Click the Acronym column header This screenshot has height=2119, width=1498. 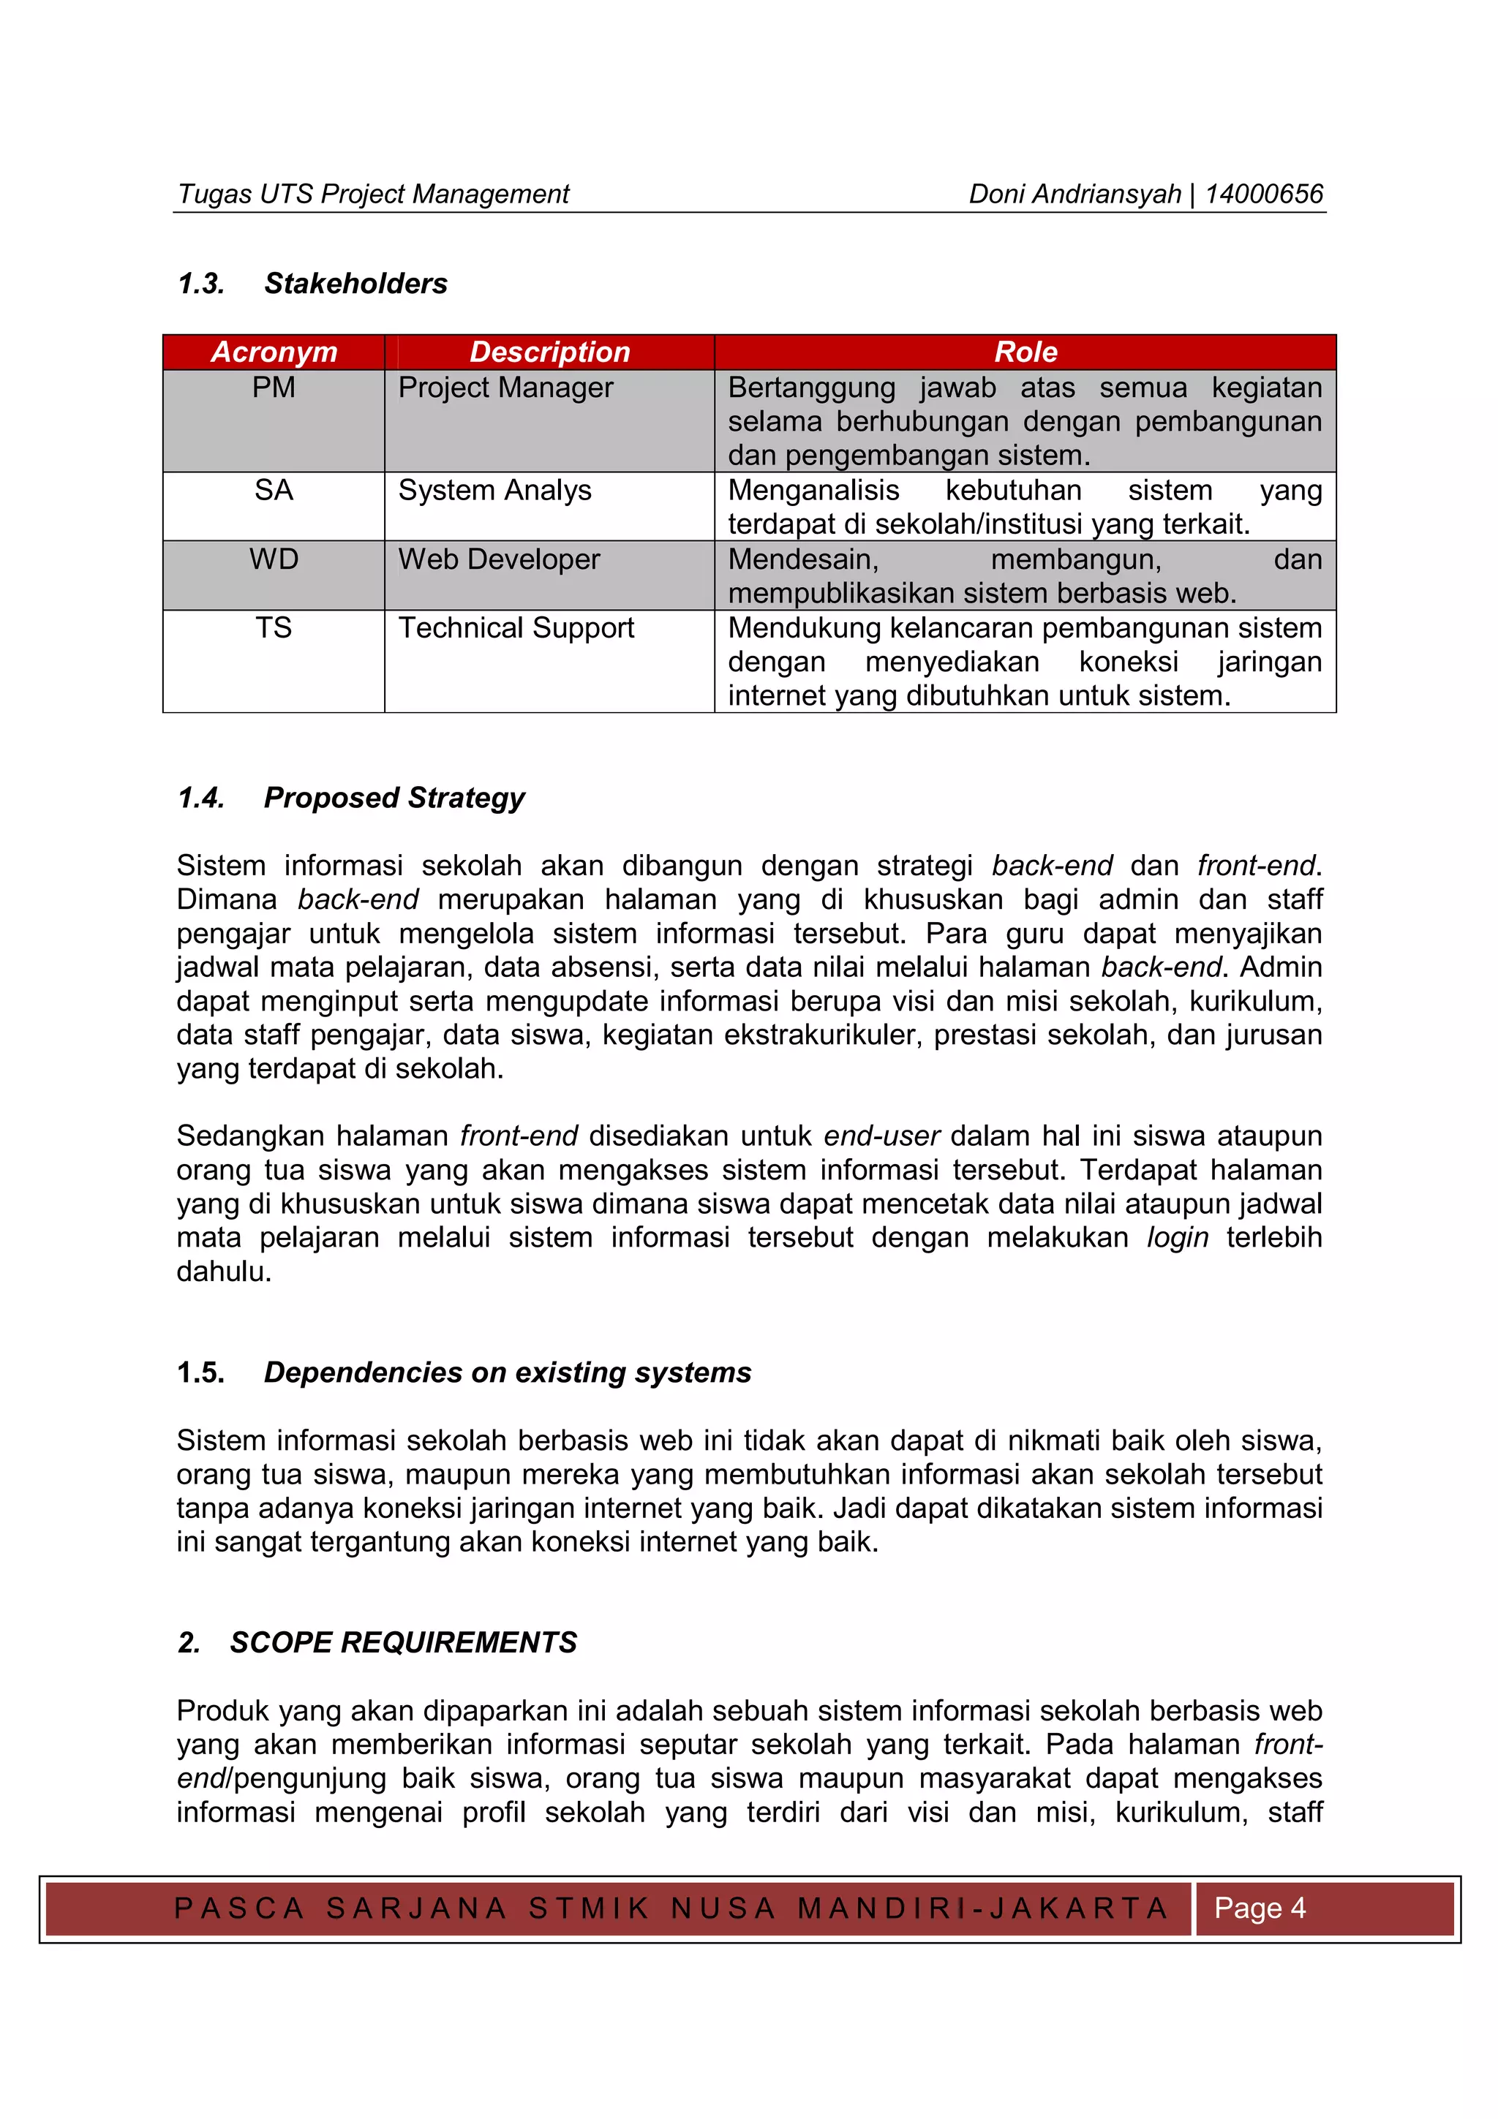(x=274, y=352)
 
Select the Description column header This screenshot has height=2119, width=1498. (x=549, y=352)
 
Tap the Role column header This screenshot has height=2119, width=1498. (x=1025, y=352)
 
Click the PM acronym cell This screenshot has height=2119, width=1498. (x=274, y=388)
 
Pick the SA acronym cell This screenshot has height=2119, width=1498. (x=274, y=490)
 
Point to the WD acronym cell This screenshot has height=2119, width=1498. (x=274, y=559)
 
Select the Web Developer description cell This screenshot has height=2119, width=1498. (x=500, y=559)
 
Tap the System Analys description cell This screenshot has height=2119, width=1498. (x=494, y=490)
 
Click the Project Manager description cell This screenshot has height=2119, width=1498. (x=505, y=388)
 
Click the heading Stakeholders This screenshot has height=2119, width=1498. (x=355, y=283)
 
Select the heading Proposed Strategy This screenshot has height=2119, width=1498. (x=394, y=798)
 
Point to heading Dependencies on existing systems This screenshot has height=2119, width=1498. (x=508, y=1372)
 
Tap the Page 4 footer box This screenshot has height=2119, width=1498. (x=1259, y=1907)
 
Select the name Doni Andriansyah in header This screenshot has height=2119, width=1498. (x=1074, y=194)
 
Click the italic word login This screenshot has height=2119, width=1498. (x=1177, y=1238)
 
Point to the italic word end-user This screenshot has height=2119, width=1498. (x=881, y=1136)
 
